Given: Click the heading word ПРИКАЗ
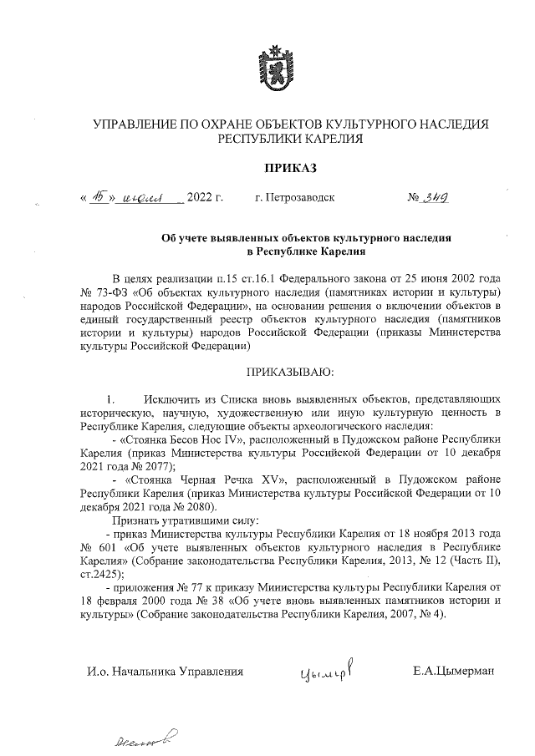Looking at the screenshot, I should coord(292,169).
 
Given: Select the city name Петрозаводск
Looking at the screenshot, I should coord(294,199).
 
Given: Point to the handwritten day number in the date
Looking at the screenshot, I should coord(101,198).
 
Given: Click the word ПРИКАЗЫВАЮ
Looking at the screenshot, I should coord(291,370).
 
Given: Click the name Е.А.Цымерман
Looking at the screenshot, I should coord(454,671).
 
